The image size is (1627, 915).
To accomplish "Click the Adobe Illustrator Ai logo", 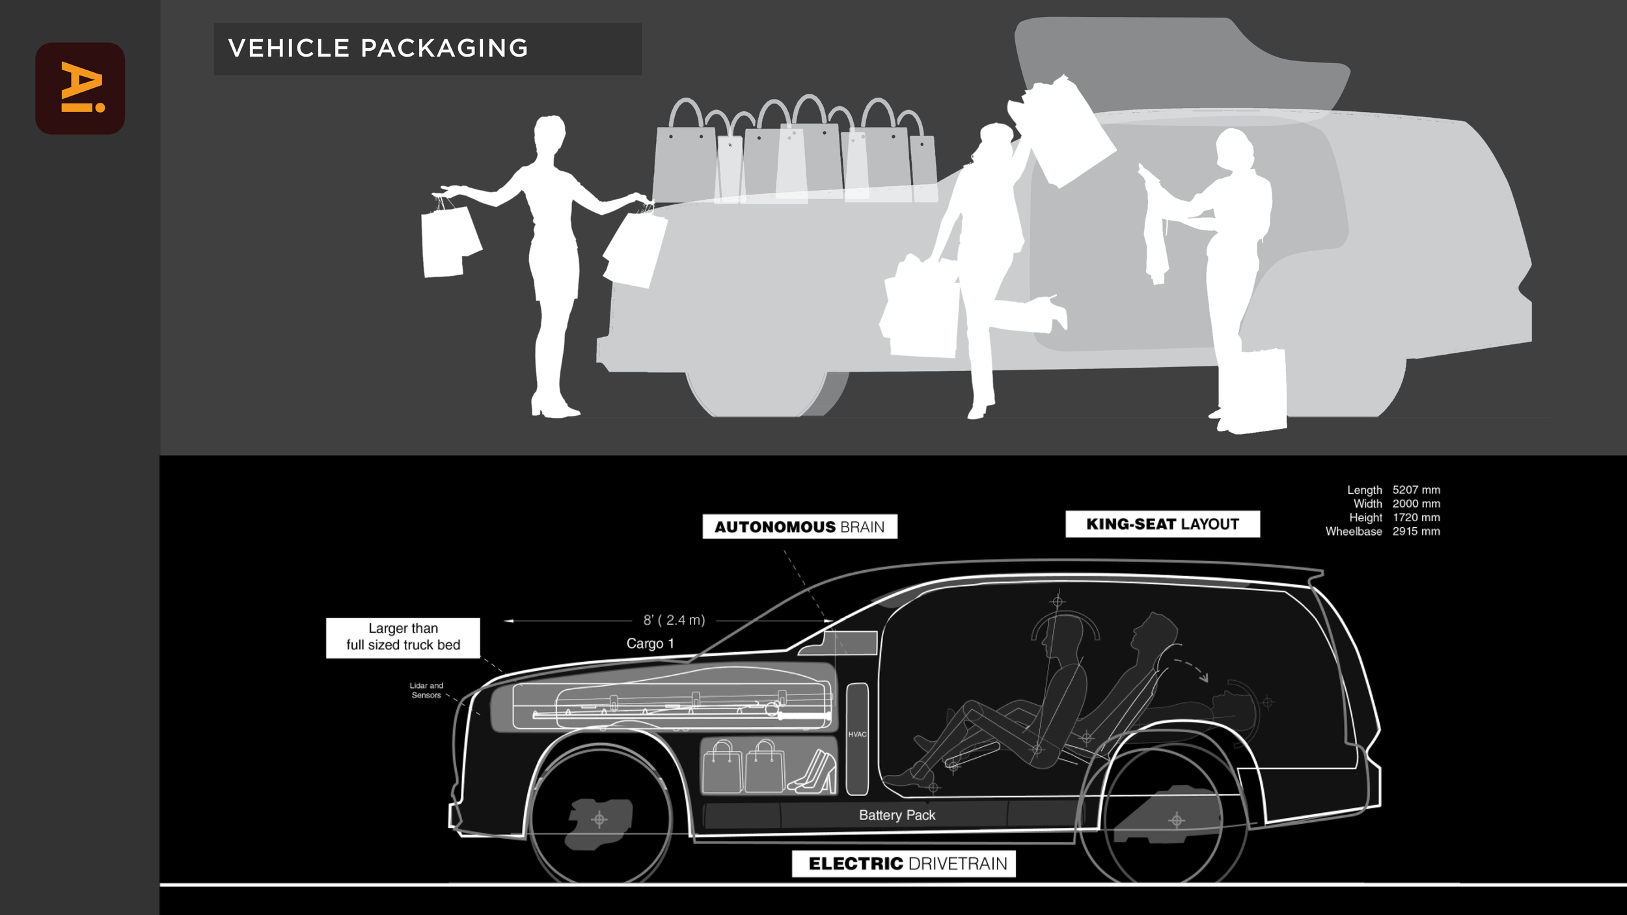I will tap(80, 89).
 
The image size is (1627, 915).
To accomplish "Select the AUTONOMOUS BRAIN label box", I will tap(799, 526).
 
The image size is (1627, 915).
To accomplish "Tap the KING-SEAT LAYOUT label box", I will tap(1162, 524).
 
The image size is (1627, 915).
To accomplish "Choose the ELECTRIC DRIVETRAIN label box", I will tap(903, 864).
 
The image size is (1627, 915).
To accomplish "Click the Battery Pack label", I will tap(897, 815).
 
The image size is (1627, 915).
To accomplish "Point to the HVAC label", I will tap(857, 735).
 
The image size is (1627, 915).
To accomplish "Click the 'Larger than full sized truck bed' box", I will tap(403, 637).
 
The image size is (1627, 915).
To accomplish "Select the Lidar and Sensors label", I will tap(426, 690).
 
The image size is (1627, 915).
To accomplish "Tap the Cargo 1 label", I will tap(650, 644).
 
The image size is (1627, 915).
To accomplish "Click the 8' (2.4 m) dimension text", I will tap(674, 620).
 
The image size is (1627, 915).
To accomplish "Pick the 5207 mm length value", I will tap(1416, 490).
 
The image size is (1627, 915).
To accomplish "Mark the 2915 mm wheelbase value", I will tap(1416, 532).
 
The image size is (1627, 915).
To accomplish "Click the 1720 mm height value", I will tap(1416, 518).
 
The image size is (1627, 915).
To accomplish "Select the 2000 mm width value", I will tap(1416, 504).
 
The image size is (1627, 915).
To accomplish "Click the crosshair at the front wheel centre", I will tap(599, 819).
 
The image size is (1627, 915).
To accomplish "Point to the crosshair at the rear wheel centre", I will tap(1176, 820).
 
